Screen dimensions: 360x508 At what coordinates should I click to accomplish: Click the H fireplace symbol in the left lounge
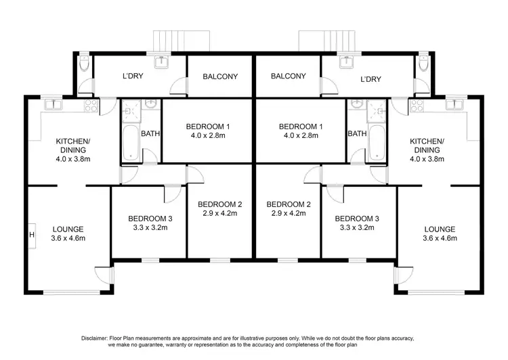31,235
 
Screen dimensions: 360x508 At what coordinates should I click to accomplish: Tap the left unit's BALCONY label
220,76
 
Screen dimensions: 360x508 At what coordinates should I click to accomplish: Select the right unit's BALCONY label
289,76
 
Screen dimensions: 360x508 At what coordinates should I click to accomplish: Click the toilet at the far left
83,64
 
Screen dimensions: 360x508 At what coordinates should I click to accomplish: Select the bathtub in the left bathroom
130,143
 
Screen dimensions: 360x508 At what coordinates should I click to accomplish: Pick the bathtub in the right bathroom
377,143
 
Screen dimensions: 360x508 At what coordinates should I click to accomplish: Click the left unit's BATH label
150,134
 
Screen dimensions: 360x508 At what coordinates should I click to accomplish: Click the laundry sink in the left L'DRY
162,63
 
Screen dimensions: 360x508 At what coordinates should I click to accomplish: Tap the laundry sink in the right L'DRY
347,63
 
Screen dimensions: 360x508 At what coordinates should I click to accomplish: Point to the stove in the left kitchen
90,104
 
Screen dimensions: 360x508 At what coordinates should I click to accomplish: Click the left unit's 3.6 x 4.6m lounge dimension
68,238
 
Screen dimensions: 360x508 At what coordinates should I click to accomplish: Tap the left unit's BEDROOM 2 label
219,204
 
